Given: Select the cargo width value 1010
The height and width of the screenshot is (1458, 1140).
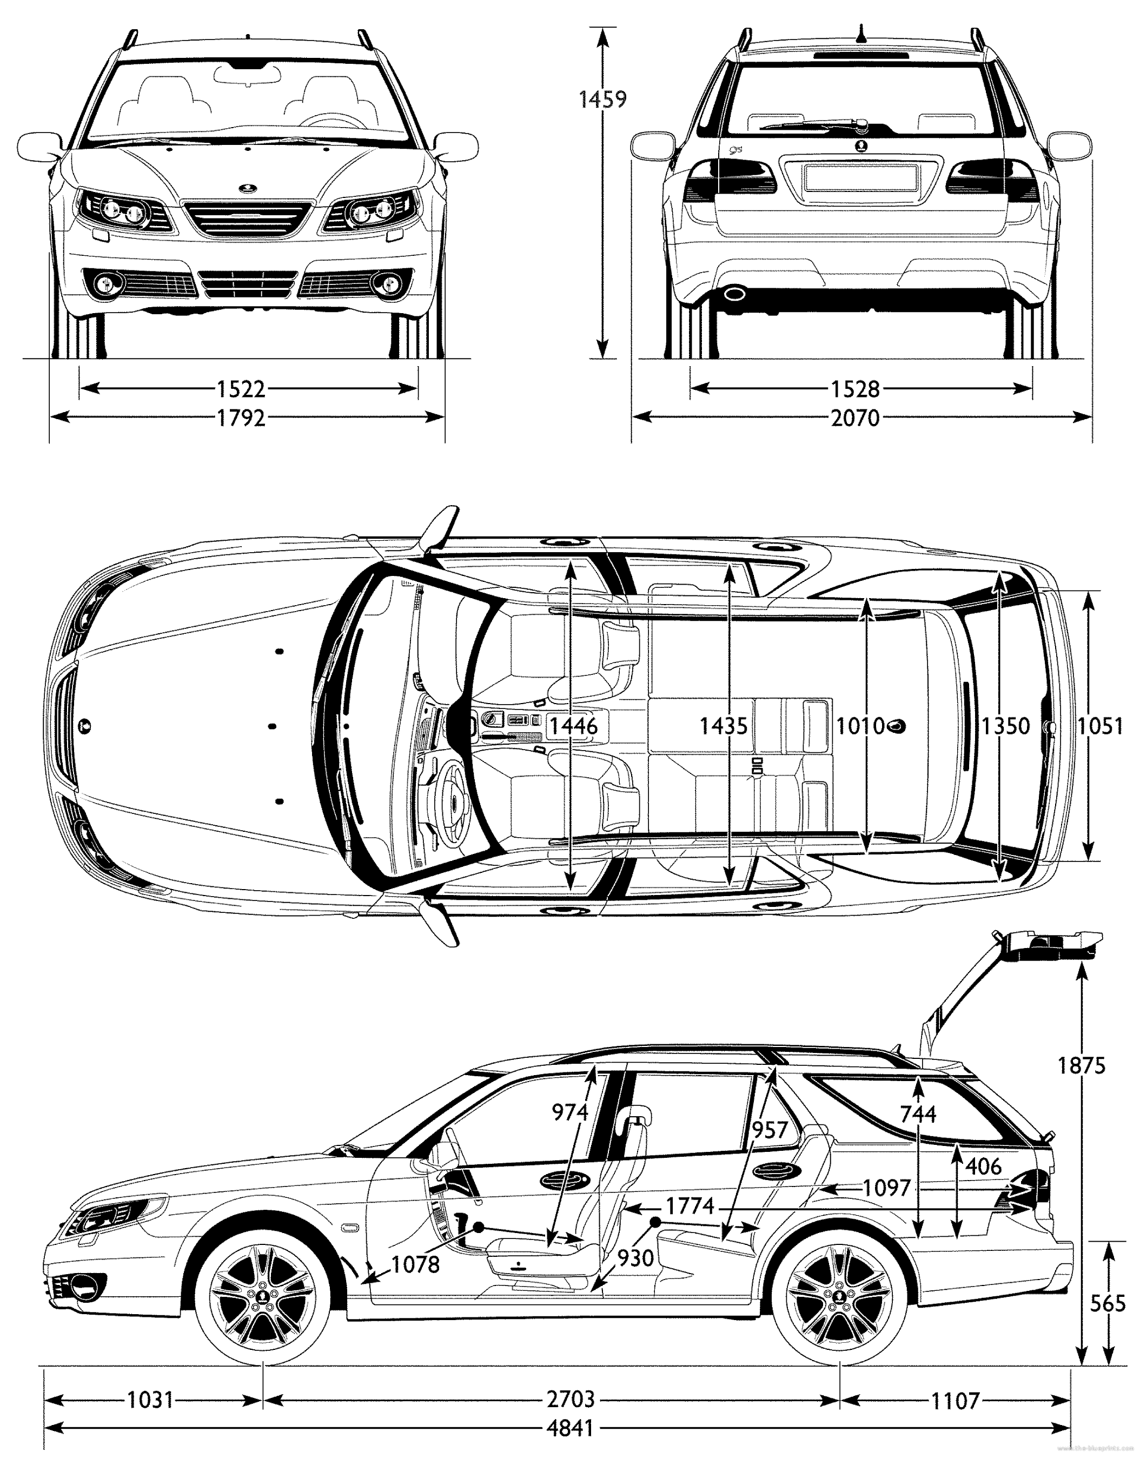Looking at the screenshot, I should click(860, 726).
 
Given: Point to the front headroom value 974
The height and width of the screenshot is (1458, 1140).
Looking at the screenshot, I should click(569, 1111).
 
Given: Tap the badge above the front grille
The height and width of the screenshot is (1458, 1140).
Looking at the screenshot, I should click(248, 188).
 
